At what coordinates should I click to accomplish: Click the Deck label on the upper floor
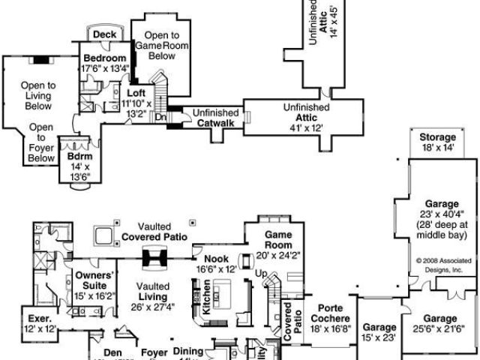104,34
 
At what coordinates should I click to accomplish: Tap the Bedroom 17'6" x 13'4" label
105,63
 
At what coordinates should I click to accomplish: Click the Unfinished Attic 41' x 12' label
306,118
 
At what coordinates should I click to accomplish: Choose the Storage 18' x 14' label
437,143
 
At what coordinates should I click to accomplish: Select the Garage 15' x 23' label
379,333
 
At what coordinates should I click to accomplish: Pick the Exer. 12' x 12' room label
40,323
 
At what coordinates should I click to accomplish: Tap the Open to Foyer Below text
41,142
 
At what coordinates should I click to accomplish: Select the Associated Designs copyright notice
441,266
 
